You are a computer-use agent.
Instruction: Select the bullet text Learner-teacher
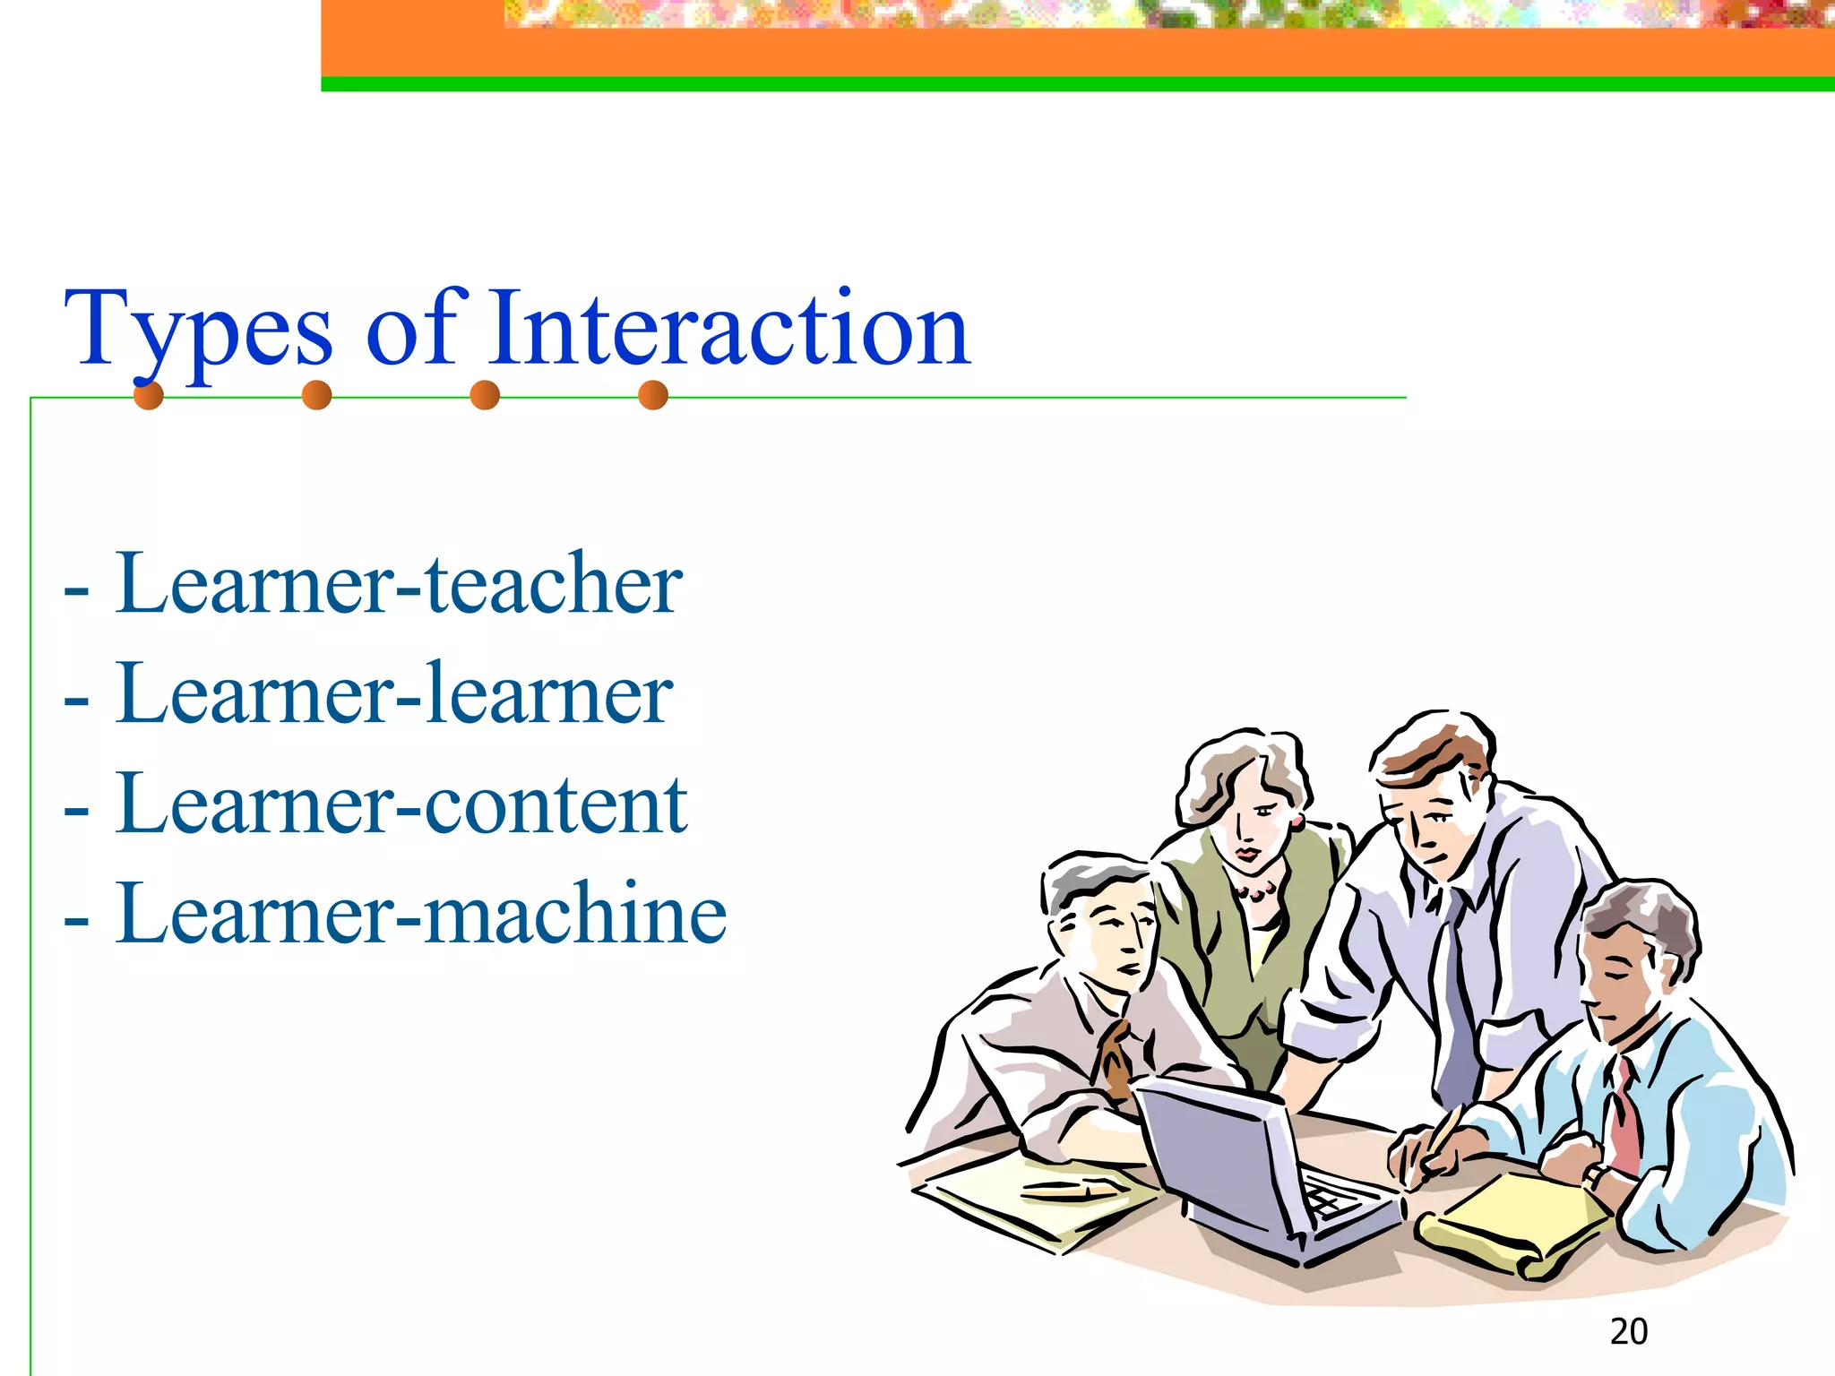(399, 584)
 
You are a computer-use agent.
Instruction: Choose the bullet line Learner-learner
(394, 694)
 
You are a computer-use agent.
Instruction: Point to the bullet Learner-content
(401, 804)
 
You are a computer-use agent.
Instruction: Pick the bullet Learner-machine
(421, 914)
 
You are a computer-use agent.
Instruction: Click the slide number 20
(1628, 1332)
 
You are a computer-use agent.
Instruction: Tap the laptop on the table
(1254, 1165)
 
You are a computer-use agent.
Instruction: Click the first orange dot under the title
(149, 395)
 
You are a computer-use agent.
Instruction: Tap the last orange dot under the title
(653, 395)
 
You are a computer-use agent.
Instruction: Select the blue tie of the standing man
(1456, 1003)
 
